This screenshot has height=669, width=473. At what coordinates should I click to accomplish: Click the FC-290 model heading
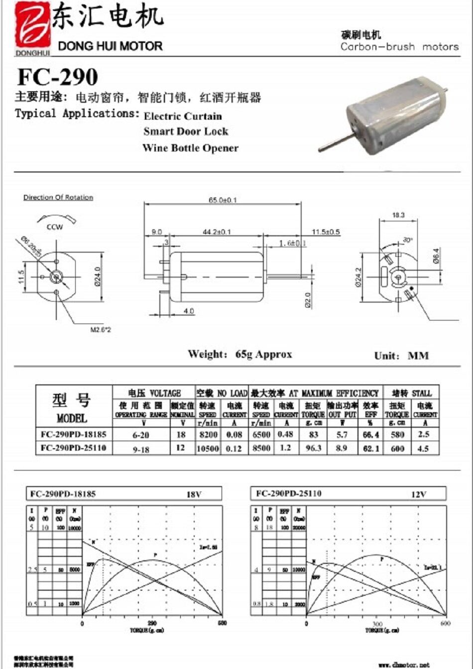pyautogui.click(x=58, y=77)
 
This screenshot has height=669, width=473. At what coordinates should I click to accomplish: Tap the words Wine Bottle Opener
pyautogui.click(x=190, y=148)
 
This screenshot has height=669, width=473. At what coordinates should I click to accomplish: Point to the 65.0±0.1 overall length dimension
pyautogui.click(x=223, y=200)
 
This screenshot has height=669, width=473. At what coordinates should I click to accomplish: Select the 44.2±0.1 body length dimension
pyautogui.click(x=217, y=232)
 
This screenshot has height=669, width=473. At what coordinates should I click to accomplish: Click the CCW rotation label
pyautogui.click(x=55, y=227)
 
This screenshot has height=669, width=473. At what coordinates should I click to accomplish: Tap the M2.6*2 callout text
pyautogui.click(x=101, y=330)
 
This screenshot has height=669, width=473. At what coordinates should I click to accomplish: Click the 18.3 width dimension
pyautogui.click(x=398, y=215)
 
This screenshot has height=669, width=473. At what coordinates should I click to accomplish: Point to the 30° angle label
pyautogui.click(x=408, y=240)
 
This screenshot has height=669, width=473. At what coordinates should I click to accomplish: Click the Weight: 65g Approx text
pyautogui.click(x=239, y=354)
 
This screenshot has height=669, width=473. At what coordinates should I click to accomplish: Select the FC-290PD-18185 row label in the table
pyautogui.click(x=74, y=434)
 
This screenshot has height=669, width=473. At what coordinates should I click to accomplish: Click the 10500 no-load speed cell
pyautogui.click(x=208, y=448)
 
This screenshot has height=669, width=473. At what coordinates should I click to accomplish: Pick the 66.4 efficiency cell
pyautogui.click(x=371, y=435)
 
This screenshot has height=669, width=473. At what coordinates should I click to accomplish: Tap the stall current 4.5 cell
pyautogui.click(x=424, y=448)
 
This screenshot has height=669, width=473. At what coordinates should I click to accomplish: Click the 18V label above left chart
pyautogui.click(x=194, y=495)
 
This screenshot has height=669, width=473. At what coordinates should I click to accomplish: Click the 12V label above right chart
pyautogui.click(x=419, y=495)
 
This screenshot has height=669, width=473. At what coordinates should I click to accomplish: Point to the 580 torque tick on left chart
pyautogui.click(x=222, y=623)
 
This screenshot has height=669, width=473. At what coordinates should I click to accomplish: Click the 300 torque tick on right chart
pyautogui.click(x=377, y=624)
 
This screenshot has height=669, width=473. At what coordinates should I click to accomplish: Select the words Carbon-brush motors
pyautogui.click(x=399, y=47)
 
